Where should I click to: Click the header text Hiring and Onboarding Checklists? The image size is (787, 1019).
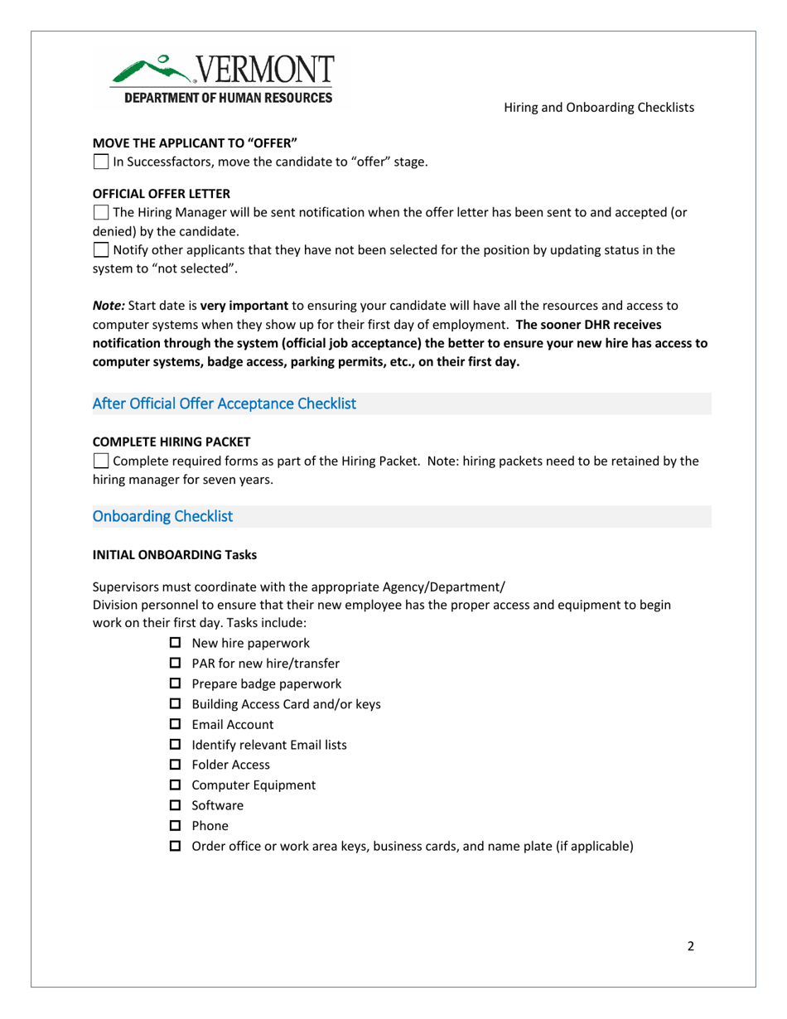599,108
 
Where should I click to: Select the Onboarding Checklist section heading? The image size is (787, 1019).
162,516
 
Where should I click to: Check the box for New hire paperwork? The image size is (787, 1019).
175,644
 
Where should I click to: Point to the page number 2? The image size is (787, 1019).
690,948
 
